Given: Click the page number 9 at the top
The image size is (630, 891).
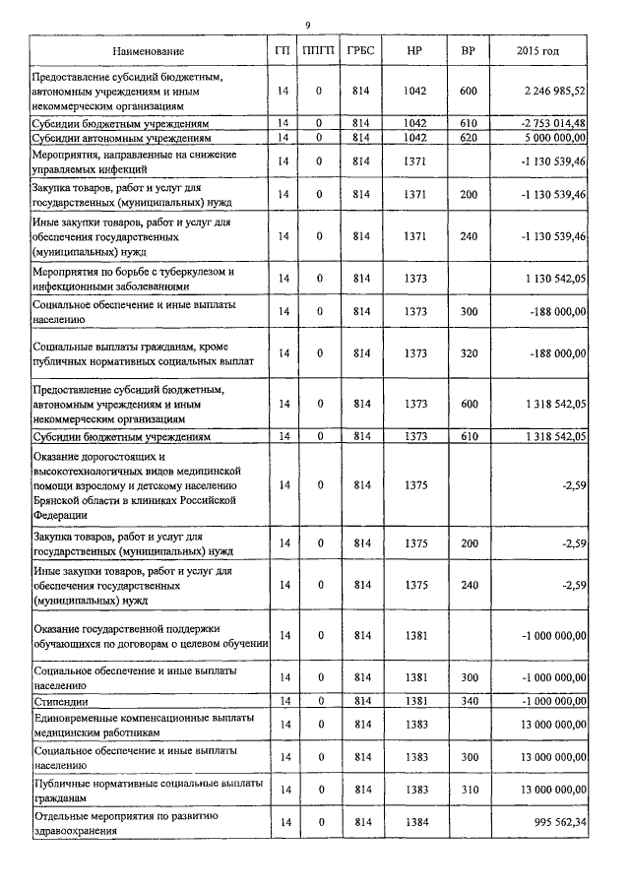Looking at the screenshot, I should click(308, 25).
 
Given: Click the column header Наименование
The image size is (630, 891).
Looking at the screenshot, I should click(148, 50).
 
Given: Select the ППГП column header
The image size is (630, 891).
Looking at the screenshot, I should click(319, 50).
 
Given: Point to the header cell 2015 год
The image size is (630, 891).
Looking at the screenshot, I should click(538, 50).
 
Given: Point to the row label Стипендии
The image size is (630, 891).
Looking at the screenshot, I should click(61, 701).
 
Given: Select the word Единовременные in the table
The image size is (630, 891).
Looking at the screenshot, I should click(81, 717).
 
